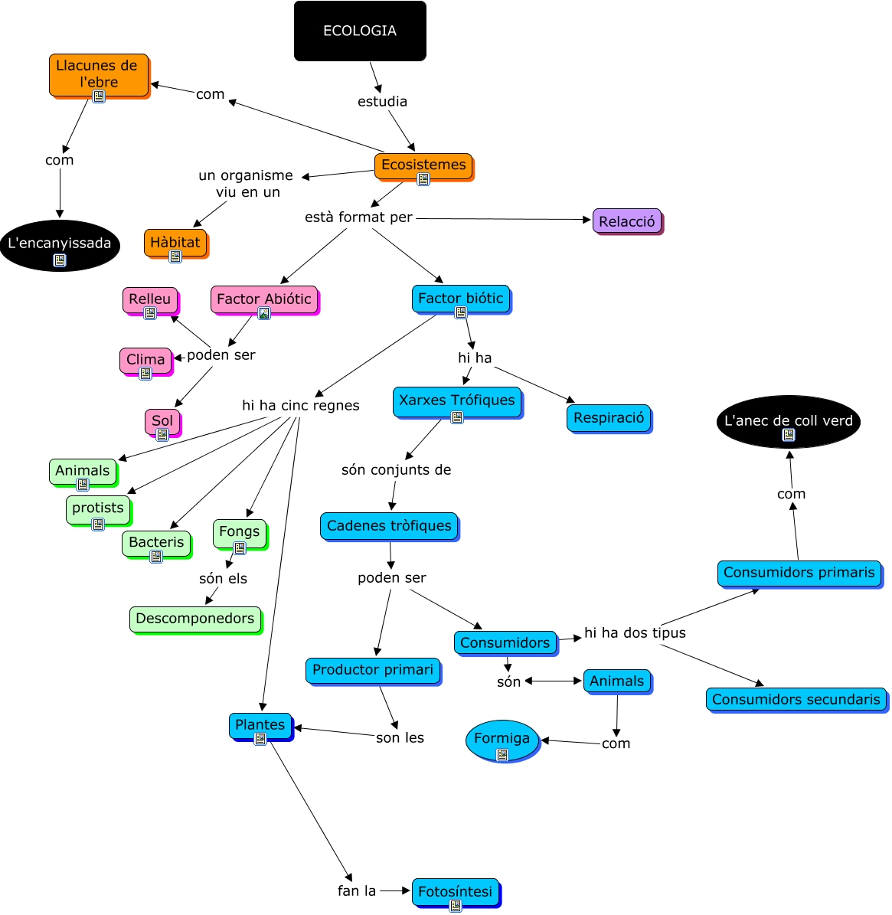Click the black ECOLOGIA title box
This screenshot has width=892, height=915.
(x=360, y=31)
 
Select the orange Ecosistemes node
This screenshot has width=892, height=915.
(x=423, y=165)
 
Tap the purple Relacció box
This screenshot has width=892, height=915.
(x=627, y=221)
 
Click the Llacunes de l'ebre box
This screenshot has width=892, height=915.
(x=98, y=74)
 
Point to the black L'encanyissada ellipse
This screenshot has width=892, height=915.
(x=60, y=245)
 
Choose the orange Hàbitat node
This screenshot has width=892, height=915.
(x=175, y=242)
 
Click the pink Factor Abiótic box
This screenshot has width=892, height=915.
(x=263, y=299)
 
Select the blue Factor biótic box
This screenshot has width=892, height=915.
(x=460, y=298)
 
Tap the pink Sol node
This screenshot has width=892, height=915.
(x=162, y=420)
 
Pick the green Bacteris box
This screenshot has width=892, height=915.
(x=156, y=542)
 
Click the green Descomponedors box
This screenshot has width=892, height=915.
(x=194, y=619)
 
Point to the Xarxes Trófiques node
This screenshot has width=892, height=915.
(x=457, y=400)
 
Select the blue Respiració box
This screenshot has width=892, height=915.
(x=609, y=418)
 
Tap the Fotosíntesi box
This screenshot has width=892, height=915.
(x=455, y=891)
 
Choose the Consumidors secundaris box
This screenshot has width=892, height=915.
(x=796, y=699)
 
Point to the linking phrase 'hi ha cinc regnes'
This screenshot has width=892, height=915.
(x=300, y=405)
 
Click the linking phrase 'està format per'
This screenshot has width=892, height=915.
(x=358, y=217)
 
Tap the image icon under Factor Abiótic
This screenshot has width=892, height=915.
(x=263, y=313)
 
